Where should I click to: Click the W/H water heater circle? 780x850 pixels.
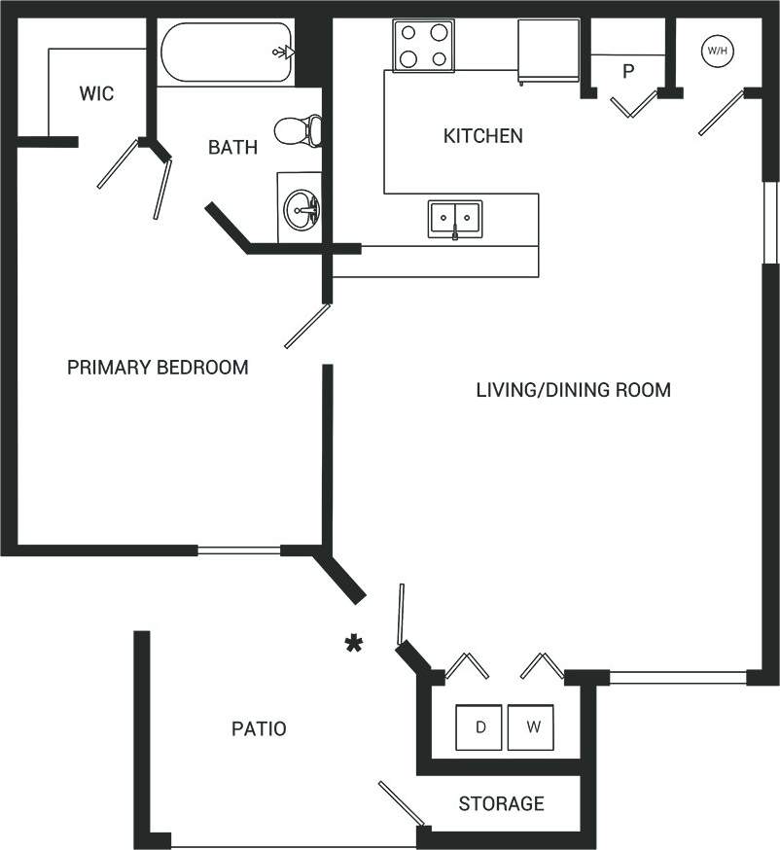coord(717,50)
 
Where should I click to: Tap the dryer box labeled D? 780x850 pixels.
coord(480,727)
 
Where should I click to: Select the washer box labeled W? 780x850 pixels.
coord(532,727)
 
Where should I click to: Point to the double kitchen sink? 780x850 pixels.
coord(455,218)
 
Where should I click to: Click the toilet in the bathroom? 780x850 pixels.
coord(299,130)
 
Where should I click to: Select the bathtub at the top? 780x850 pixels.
coord(227,53)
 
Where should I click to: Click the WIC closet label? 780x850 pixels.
coord(96,94)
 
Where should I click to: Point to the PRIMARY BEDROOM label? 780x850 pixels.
coord(158,368)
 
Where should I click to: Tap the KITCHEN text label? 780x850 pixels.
coord(482,136)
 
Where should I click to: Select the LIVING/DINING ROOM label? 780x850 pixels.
coord(573,391)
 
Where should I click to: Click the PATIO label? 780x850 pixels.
coord(259,728)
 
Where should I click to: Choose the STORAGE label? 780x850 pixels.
coord(501,804)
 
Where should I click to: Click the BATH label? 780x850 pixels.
coord(233,148)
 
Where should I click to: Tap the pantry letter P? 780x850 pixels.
coord(627,72)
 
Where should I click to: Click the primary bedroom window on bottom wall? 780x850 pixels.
coord(239,550)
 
